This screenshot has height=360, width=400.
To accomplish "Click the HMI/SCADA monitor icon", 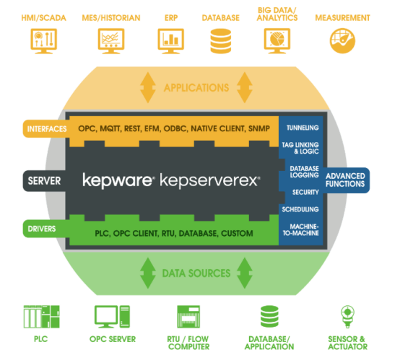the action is (43, 41).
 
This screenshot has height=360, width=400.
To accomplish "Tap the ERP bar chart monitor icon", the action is (171, 41).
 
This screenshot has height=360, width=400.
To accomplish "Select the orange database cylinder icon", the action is (221, 41).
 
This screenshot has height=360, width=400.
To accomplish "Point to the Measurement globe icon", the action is (342, 41).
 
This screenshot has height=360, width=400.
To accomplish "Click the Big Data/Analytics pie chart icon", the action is (277, 41).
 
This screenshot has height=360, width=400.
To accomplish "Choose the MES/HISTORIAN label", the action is (111, 18).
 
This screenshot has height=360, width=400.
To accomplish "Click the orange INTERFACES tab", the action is (46, 128).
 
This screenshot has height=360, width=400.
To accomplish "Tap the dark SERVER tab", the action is (44, 181).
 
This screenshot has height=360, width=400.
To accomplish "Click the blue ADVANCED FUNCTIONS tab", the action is (346, 180).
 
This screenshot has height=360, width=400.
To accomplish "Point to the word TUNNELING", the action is (303, 128).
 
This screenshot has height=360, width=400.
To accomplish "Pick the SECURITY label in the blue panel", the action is (305, 192).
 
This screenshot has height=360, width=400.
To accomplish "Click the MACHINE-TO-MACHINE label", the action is (301, 229).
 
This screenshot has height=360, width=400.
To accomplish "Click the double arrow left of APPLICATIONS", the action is (148, 87).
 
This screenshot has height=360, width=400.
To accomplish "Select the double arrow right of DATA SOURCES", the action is (245, 273).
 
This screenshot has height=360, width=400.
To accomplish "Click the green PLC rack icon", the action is (41, 317).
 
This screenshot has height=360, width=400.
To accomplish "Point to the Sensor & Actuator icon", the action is (347, 317).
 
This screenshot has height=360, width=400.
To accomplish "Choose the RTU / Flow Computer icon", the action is (188, 317).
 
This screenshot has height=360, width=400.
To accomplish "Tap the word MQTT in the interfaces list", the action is (110, 128).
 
